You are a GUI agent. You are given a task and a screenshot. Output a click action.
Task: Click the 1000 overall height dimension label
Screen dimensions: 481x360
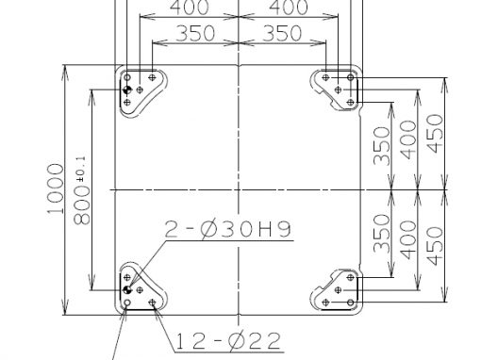tap(56, 188)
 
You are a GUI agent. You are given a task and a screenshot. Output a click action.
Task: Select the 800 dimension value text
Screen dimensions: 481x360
tap(82, 205)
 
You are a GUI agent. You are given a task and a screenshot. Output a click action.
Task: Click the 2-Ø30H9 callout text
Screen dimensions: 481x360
tap(228, 229)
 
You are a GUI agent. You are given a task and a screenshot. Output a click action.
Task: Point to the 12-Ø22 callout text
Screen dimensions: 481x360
tap(228, 341)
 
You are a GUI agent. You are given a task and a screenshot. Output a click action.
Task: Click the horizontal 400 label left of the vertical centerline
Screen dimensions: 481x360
tap(189, 8)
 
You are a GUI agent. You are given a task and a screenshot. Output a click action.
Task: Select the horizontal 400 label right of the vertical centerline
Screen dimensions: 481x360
tap(289, 8)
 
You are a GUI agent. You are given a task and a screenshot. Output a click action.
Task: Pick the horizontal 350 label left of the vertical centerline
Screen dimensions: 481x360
tap(195, 33)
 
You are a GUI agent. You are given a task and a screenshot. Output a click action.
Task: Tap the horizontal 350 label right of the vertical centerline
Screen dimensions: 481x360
tap(282, 33)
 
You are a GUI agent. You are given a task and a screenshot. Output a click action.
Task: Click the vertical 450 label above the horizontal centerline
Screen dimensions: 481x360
tap(436, 134)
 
